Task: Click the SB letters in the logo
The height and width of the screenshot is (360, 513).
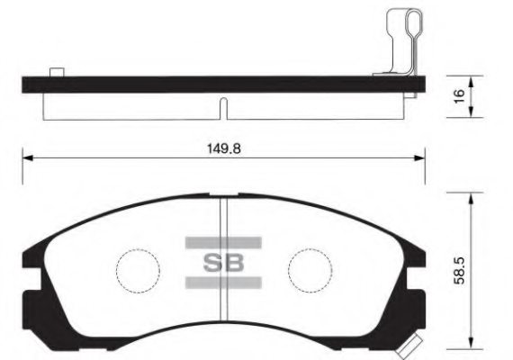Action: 222,263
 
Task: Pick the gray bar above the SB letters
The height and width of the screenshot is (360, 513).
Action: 222,242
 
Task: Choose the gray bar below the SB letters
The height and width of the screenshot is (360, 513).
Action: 222,283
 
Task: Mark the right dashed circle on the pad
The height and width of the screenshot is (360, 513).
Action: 309,267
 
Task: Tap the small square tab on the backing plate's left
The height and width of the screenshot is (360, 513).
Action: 57,72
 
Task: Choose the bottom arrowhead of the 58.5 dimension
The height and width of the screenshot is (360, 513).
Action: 471,343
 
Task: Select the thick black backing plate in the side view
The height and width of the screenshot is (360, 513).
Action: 216,84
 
